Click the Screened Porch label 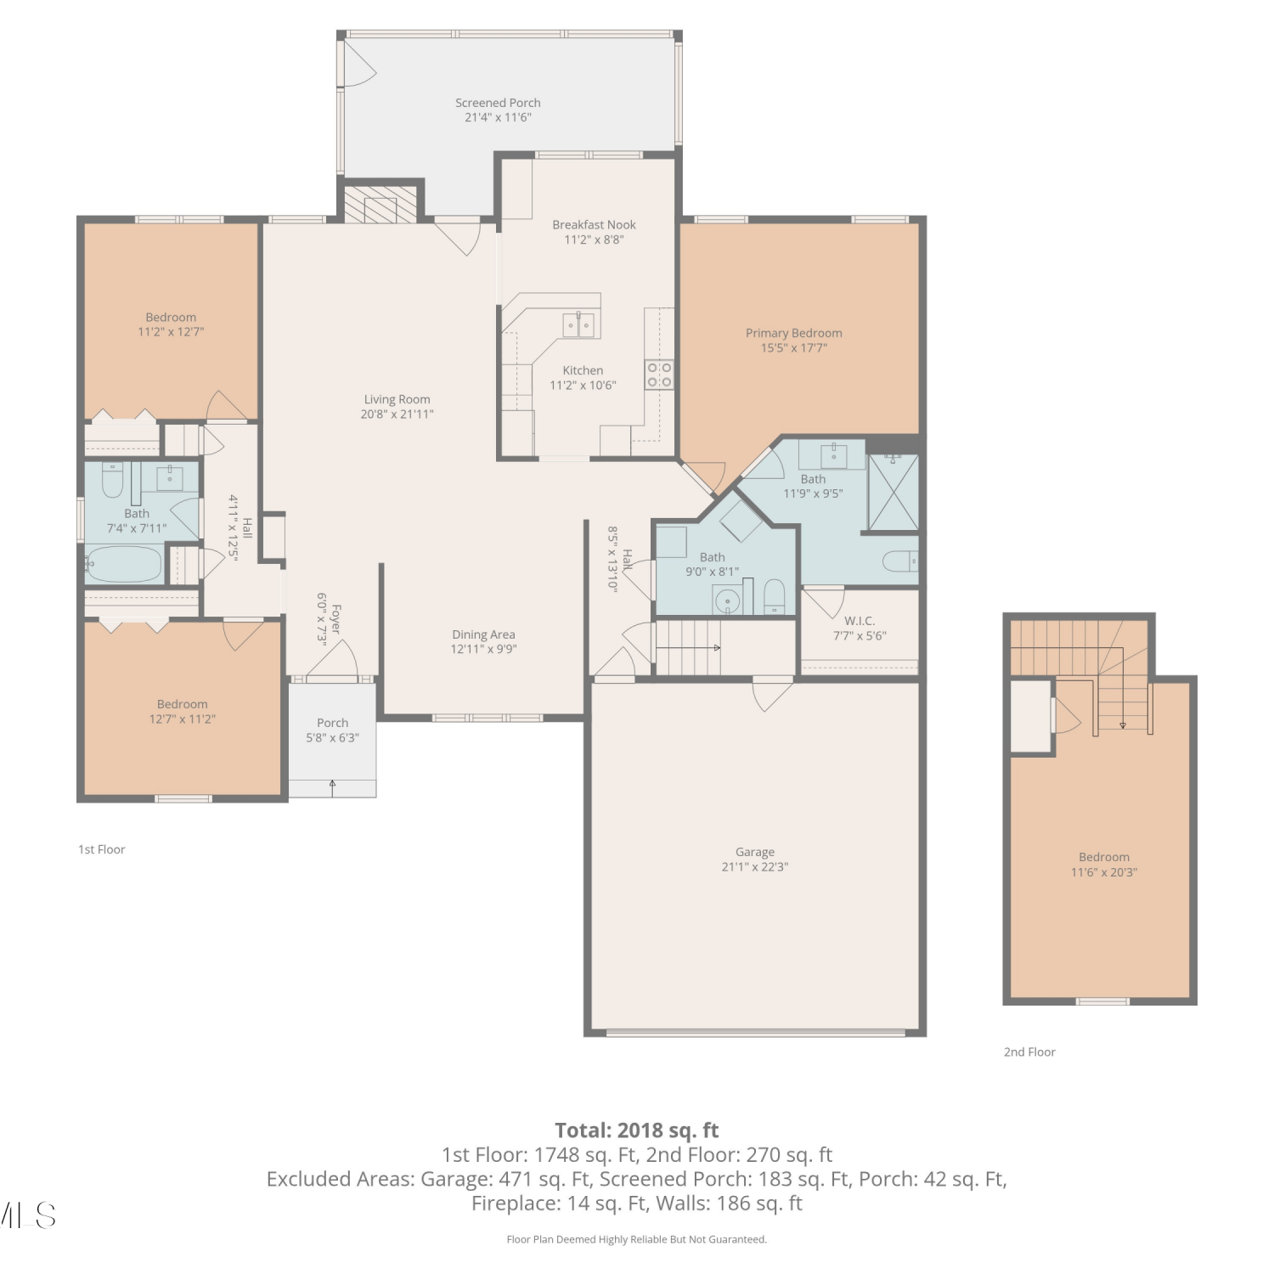[x=498, y=103]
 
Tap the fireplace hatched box [x=381, y=204]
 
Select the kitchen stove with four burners [x=659, y=375]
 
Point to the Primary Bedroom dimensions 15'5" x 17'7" [x=794, y=347]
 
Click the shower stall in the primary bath [x=893, y=493]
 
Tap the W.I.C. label [x=860, y=621]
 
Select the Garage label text [x=755, y=852]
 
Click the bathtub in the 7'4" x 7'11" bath [x=124, y=564]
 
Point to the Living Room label [x=397, y=399]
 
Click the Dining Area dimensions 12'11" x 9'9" [x=483, y=649]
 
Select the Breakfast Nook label [x=594, y=224]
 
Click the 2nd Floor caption [x=1029, y=1051]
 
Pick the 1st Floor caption [x=102, y=849]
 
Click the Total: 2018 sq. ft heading [x=637, y=1130]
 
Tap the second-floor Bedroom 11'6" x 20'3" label [x=1104, y=857]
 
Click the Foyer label [x=336, y=619]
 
